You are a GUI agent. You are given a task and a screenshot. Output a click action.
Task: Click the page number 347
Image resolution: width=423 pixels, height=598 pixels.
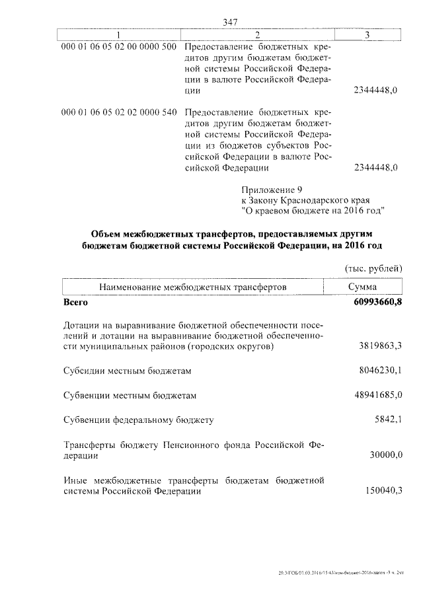(x=230, y=22)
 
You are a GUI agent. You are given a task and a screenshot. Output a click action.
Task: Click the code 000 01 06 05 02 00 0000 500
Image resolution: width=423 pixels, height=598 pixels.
(x=118, y=48)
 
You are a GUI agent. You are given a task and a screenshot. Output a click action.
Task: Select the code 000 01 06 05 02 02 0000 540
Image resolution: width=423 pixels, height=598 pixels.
(x=118, y=112)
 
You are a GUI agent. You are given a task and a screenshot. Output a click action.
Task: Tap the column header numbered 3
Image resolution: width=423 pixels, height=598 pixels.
(x=367, y=34)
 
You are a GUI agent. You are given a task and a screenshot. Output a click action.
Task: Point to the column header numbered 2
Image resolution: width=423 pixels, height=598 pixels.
(x=257, y=34)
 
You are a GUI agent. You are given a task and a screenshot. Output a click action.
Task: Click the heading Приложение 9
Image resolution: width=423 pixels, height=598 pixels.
(x=272, y=188)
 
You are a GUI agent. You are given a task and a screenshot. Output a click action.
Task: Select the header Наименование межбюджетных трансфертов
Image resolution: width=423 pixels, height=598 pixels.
(x=193, y=287)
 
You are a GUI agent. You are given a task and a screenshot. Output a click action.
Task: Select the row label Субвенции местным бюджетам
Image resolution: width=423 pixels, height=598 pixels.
(x=130, y=396)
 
